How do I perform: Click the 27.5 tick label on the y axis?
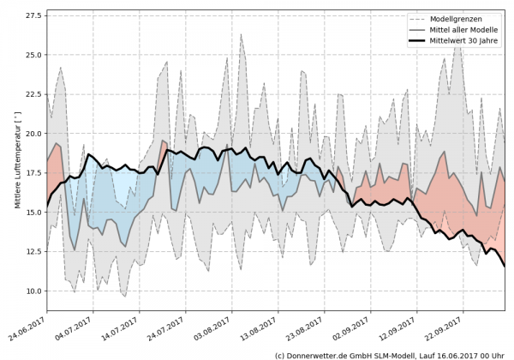coord(32,16)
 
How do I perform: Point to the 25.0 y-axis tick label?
coord(32,56)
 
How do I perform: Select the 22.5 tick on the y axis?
coord(32,95)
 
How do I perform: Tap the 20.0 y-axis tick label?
coord(32,135)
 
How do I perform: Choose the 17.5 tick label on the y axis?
coord(32,174)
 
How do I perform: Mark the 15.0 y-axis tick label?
coord(32,213)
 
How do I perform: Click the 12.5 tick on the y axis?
coord(32,253)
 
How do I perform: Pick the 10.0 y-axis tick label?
coord(32,292)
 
